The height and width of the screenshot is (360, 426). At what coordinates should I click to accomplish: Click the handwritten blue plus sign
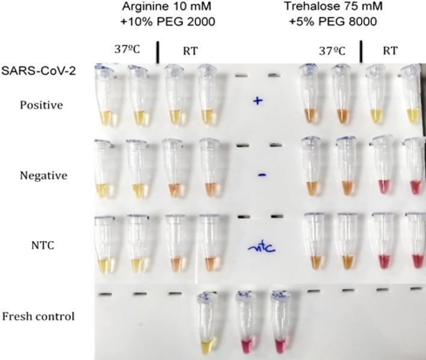(258, 101)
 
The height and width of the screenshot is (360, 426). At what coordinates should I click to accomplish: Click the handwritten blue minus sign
(262, 174)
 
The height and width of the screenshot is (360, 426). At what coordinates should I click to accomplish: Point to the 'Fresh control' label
(39, 316)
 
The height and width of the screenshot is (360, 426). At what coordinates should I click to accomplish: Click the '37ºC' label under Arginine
(127, 50)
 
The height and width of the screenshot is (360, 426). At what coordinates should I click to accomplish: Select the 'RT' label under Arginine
(190, 51)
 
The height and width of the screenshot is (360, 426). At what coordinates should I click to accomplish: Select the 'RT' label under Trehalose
(390, 51)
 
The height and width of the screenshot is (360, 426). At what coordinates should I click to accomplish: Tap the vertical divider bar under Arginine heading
(158, 52)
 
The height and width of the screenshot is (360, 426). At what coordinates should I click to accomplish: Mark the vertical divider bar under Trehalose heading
(362, 52)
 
